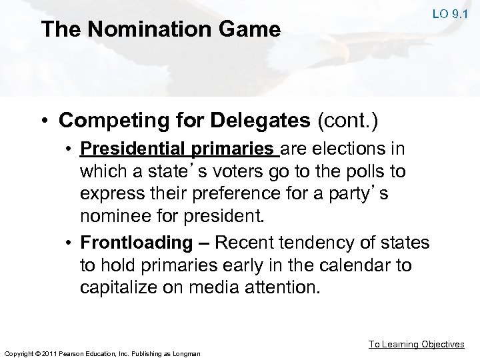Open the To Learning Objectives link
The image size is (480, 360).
point(417,344)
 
